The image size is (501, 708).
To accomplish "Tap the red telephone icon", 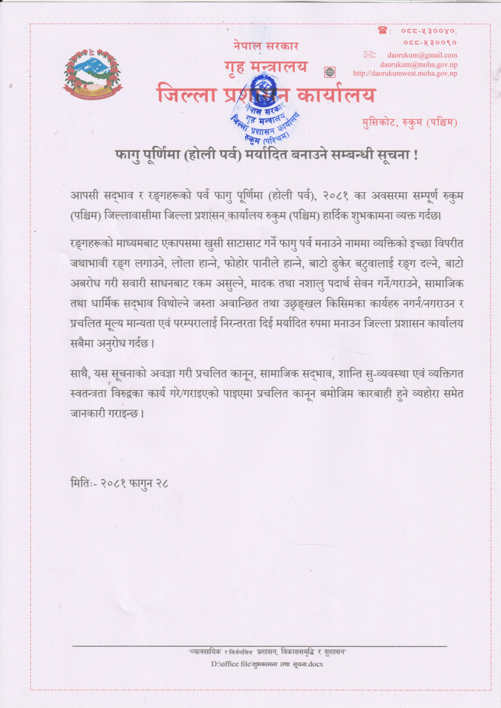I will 382,31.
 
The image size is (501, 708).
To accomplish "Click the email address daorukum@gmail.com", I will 422,55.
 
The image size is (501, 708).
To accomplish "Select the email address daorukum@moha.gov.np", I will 418,64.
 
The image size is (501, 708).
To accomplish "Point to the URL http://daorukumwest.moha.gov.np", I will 405,74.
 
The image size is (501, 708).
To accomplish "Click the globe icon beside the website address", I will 330,72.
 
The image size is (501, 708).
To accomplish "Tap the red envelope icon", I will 369,54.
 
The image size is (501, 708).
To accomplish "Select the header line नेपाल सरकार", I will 266,46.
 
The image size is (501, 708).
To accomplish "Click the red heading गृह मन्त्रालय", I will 266,67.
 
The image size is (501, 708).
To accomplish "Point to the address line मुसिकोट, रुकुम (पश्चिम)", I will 409,123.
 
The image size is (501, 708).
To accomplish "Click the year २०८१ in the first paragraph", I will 335,196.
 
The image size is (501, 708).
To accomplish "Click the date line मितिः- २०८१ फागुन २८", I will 119,483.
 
